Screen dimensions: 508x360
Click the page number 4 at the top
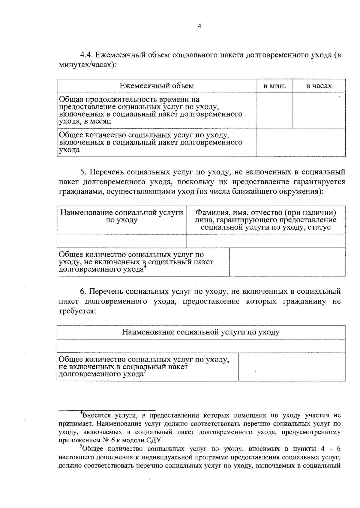[x=199, y=26]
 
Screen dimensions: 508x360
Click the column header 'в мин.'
[x=274, y=86]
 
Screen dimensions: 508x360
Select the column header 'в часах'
[x=319, y=86]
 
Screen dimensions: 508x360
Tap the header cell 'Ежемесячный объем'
[x=157, y=86]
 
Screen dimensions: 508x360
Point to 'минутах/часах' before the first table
[x=85, y=65]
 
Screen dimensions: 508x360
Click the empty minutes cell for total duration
[x=274, y=110]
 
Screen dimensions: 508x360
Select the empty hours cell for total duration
[x=319, y=110]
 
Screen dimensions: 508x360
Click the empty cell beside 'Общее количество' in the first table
[x=301, y=142]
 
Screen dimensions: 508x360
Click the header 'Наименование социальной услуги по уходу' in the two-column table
[x=121, y=216]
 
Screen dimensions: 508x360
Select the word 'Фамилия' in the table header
[x=209, y=212]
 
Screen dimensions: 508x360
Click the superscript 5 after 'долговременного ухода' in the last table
[x=145, y=372]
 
